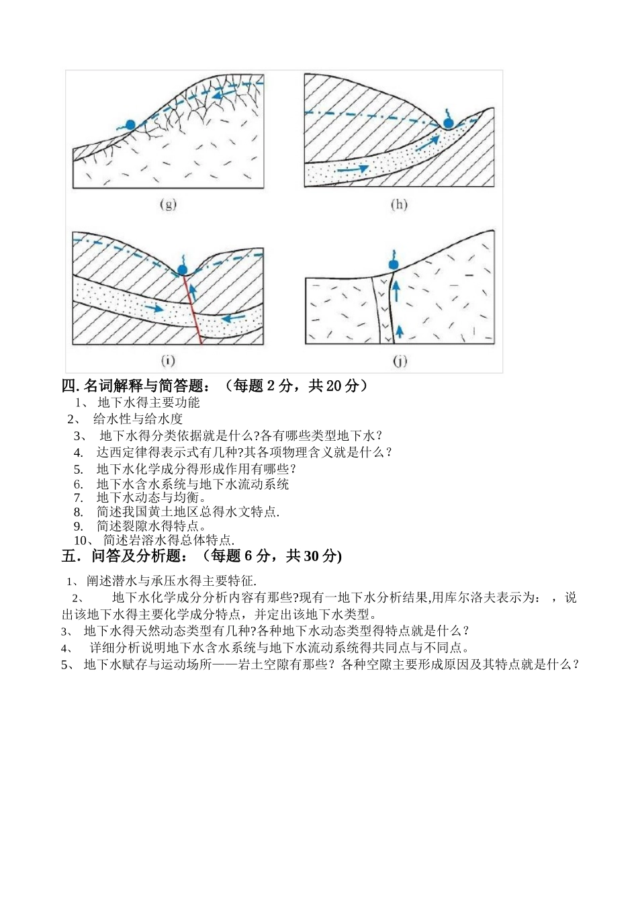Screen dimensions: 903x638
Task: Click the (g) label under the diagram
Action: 168,204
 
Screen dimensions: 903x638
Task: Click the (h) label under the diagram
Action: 399,204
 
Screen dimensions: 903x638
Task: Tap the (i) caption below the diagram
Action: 167,361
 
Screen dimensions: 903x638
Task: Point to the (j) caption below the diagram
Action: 400,361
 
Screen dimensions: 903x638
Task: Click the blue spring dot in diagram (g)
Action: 130,124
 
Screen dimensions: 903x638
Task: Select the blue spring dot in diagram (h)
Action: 448,122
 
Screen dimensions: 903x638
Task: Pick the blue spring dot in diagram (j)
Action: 394,264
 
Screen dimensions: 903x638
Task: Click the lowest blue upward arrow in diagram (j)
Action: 399,329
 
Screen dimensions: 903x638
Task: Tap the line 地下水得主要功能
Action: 148,403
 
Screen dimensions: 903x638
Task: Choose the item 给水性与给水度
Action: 138,419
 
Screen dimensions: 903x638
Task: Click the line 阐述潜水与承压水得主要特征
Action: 171,581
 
